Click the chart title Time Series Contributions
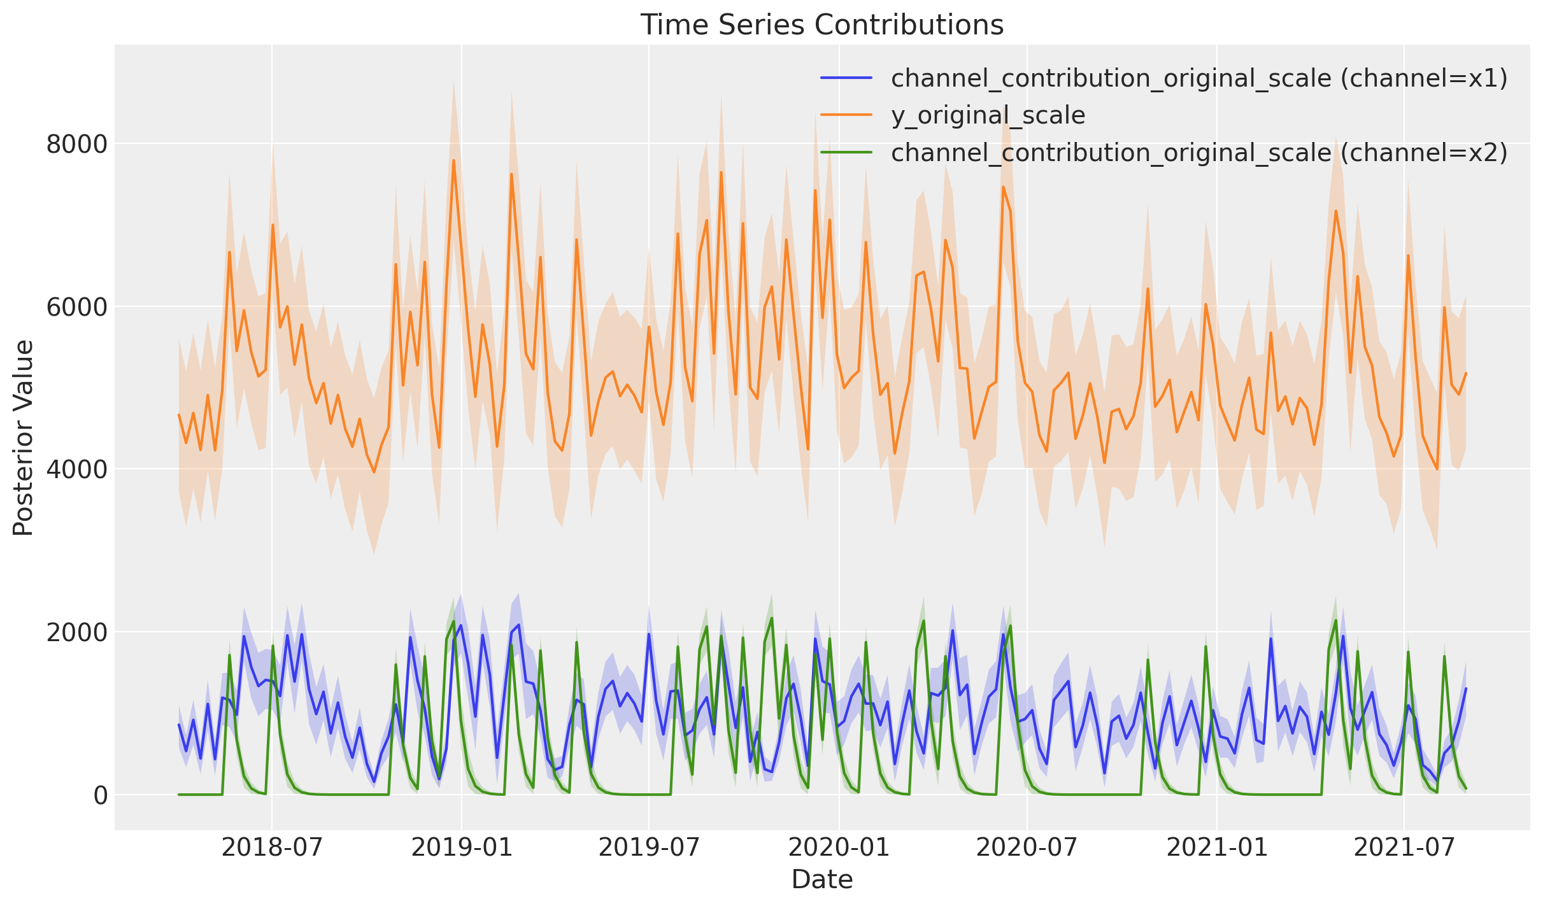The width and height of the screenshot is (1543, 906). tap(821, 25)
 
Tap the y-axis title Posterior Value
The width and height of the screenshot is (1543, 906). tap(24, 438)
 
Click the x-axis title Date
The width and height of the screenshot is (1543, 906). tap(821, 880)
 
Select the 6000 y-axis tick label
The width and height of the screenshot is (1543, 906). tap(76, 307)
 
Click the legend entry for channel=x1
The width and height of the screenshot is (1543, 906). tap(1199, 78)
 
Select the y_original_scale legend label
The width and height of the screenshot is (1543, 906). tap(988, 116)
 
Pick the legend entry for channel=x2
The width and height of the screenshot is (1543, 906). tap(1199, 153)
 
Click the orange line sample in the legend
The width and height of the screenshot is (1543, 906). tap(846, 115)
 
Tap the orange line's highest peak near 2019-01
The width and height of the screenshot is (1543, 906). tap(453, 160)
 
